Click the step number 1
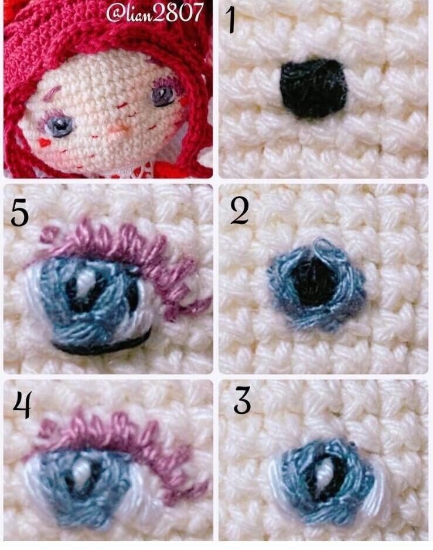coord(231,21)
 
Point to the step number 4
coord(22,405)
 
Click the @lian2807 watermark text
coord(154,13)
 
